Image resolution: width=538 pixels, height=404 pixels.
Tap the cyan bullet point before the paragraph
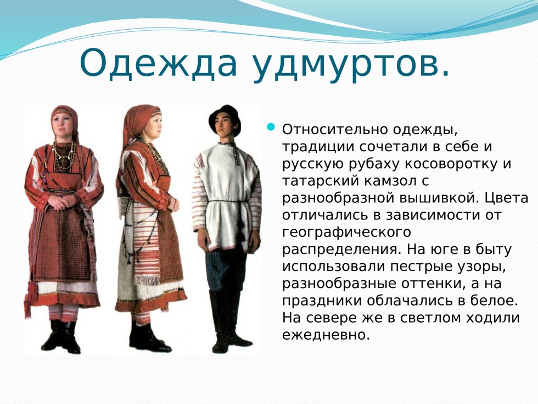[x=270, y=128]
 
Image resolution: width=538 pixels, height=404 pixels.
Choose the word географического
[x=346, y=233]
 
